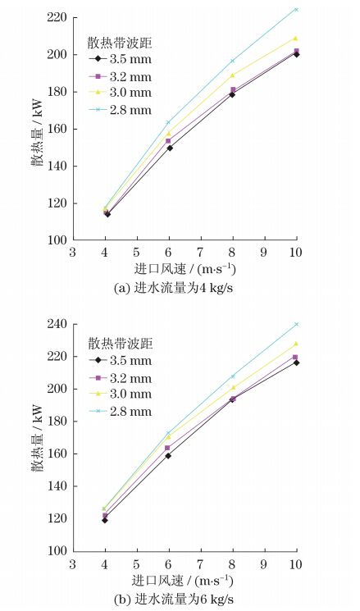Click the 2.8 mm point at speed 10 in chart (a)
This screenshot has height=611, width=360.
pyautogui.click(x=296, y=10)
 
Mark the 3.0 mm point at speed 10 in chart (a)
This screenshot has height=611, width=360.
pyautogui.click(x=296, y=38)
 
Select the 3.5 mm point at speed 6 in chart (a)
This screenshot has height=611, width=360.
pyautogui.click(x=169, y=148)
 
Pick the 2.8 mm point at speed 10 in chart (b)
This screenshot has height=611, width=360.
pyautogui.click(x=296, y=324)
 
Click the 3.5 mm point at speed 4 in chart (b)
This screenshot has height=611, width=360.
pyautogui.click(x=105, y=520)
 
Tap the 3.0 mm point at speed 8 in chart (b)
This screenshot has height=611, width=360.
pyautogui.click(x=233, y=387)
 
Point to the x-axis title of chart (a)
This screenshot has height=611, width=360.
pyautogui.click(x=185, y=269)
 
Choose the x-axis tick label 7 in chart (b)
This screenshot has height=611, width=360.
pyautogui.click(x=201, y=565)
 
